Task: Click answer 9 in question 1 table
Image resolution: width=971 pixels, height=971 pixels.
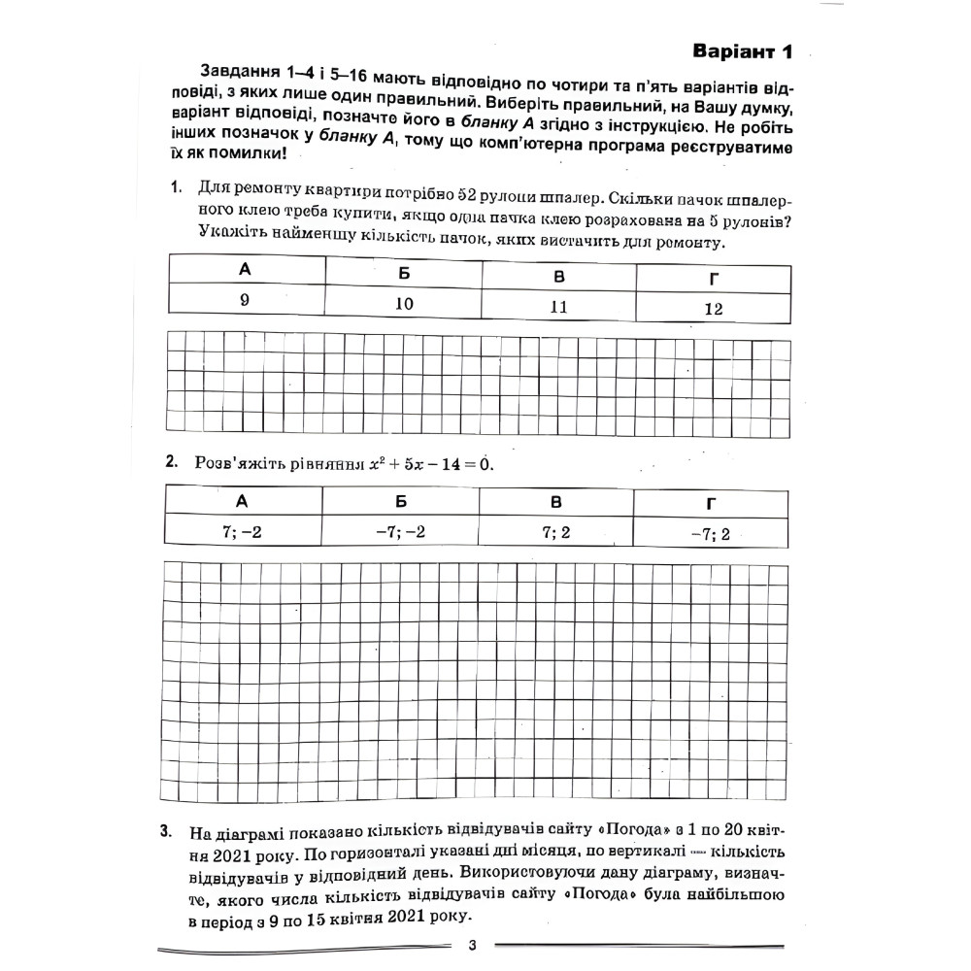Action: click(x=246, y=300)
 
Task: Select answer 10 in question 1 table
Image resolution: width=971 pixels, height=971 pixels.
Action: click(x=404, y=303)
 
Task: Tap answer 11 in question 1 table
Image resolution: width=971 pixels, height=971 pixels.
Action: click(x=558, y=306)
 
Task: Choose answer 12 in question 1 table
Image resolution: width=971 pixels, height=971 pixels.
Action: click(x=714, y=310)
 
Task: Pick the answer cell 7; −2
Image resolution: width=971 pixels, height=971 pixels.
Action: click(x=243, y=530)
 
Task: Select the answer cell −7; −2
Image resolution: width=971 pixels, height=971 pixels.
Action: click(x=400, y=531)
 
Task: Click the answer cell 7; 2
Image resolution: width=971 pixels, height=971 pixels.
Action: click(x=556, y=532)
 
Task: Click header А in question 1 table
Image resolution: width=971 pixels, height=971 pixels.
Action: click(x=246, y=270)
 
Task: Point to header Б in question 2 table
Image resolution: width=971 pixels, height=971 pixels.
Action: click(x=400, y=501)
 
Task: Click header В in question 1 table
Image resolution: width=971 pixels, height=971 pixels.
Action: click(x=558, y=277)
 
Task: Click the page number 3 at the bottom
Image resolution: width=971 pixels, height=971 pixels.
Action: click(x=472, y=947)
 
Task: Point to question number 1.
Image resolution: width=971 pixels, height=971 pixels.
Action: click(x=175, y=185)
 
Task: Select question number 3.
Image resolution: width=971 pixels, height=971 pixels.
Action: click(x=166, y=832)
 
